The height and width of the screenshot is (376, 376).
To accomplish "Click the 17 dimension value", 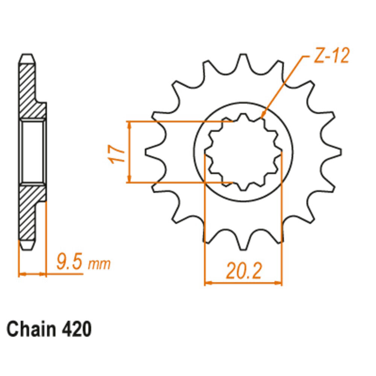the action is click(x=117, y=154).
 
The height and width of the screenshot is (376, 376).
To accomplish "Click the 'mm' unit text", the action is click(x=99, y=264).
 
